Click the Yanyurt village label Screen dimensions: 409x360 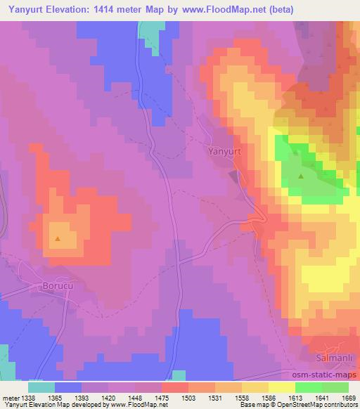tap(225, 150)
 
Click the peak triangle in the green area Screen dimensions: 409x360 tap(301, 176)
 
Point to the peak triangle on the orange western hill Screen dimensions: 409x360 tap(58, 239)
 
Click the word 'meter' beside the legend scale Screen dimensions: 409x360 tap(10, 397)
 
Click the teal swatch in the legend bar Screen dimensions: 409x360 tap(42, 387)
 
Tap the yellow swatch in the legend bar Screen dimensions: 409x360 tap(281, 387)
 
